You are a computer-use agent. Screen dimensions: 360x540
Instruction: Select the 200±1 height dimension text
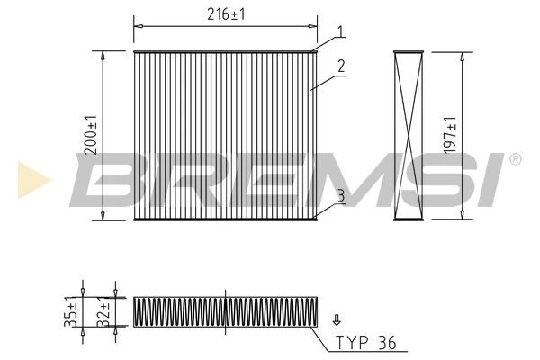click(x=91, y=135)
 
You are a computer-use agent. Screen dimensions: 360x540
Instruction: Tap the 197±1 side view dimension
click(x=450, y=134)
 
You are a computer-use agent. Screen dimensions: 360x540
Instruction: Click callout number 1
click(x=341, y=32)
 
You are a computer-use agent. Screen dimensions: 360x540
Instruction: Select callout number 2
click(x=341, y=67)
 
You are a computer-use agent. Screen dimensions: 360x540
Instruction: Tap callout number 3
click(x=341, y=194)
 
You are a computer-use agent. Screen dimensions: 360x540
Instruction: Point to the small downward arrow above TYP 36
click(x=337, y=319)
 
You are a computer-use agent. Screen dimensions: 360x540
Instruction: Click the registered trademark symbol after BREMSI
click(x=514, y=160)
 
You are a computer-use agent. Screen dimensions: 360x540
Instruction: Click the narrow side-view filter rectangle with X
click(x=409, y=135)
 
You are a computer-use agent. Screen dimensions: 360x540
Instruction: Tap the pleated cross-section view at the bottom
click(x=225, y=311)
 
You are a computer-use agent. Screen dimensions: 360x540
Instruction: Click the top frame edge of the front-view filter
click(x=225, y=50)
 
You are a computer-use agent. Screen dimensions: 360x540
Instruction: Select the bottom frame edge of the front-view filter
click(x=225, y=219)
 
